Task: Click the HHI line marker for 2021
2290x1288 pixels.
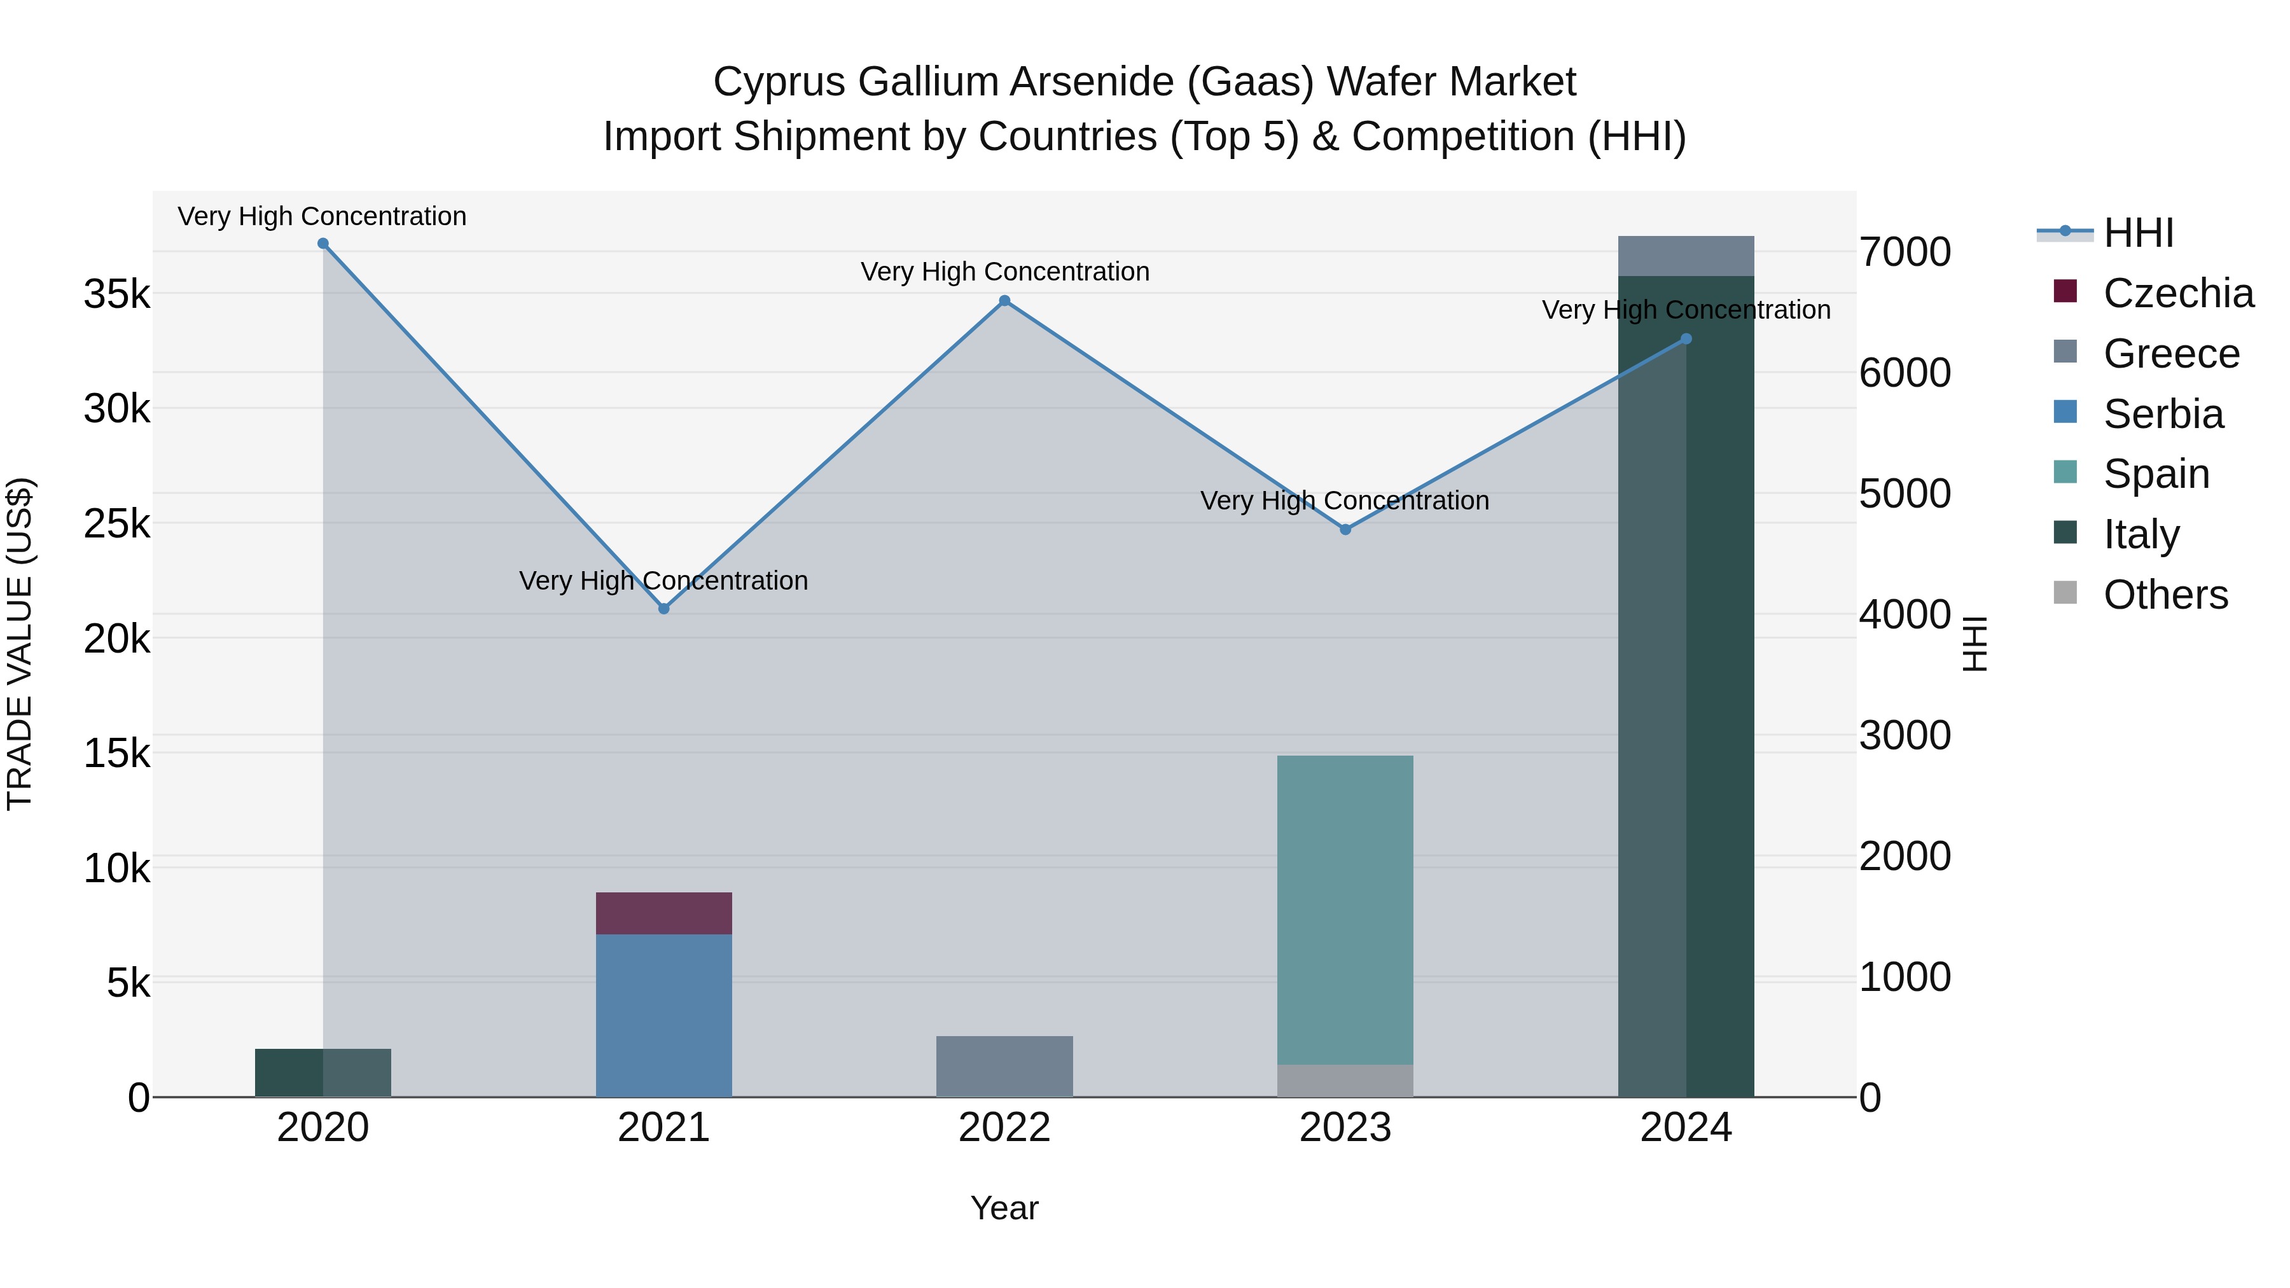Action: [x=663, y=609]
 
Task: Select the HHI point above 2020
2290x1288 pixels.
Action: [x=323, y=244]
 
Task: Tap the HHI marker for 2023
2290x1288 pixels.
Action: [x=1345, y=530]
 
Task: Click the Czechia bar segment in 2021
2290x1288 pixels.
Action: [x=663, y=913]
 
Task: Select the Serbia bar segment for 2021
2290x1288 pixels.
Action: [x=663, y=1015]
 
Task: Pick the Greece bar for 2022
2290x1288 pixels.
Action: [x=1004, y=1066]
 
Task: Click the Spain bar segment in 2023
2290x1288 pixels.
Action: [x=1345, y=910]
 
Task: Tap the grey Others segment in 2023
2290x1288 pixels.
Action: [x=1345, y=1080]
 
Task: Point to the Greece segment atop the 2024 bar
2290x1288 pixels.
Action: [x=1686, y=256]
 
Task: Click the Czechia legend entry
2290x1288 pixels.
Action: [x=2178, y=293]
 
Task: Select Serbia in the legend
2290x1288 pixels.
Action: [x=2163, y=414]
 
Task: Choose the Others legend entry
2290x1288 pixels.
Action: [x=2165, y=595]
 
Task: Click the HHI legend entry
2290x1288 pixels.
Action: [x=2138, y=233]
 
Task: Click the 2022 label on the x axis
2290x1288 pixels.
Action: [x=1004, y=1128]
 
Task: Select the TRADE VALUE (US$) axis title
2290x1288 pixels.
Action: [x=20, y=644]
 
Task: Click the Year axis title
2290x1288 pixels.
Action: [x=1004, y=1208]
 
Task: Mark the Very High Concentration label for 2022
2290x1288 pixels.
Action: [x=1004, y=272]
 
